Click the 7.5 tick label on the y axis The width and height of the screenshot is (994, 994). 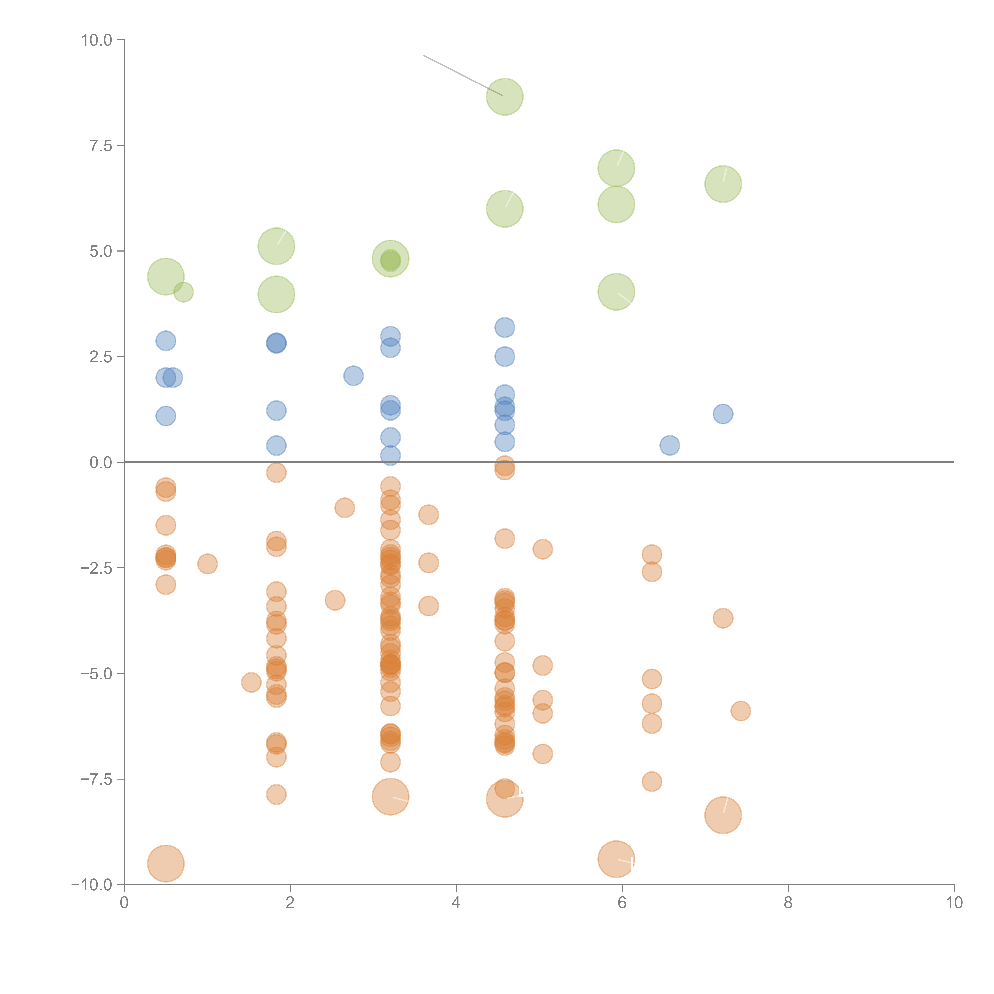click(x=101, y=146)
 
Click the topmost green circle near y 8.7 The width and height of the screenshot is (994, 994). click(x=505, y=97)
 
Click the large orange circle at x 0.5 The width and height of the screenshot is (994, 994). click(x=166, y=863)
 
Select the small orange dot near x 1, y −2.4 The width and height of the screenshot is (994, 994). click(x=207, y=564)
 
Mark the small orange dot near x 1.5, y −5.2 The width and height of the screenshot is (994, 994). click(x=251, y=682)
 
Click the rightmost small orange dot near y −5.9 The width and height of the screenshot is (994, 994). click(x=740, y=711)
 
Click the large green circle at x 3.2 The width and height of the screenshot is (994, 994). click(x=390, y=258)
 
